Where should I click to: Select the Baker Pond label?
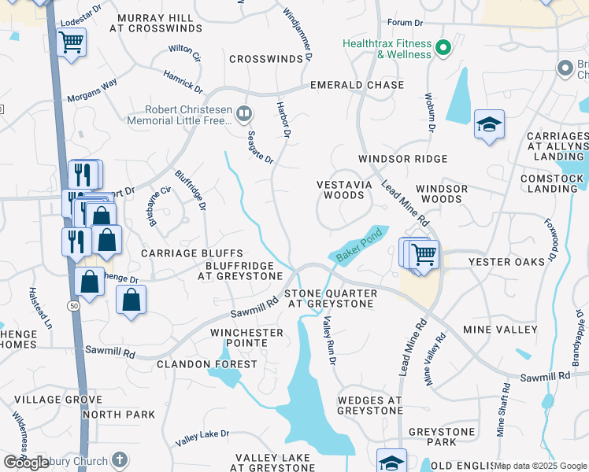click(359, 245)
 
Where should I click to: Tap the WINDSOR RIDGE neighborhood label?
click(402, 159)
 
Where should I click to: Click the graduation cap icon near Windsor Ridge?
click(489, 124)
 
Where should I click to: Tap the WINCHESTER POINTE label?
click(246, 338)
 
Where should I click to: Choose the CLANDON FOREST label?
click(207, 364)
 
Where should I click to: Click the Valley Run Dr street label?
click(330, 341)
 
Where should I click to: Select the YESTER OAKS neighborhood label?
click(506, 261)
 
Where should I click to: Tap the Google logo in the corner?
click(27, 463)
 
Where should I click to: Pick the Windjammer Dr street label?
click(299, 32)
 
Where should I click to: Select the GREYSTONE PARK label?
click(442, 437)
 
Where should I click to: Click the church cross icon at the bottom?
click(119, 459)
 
